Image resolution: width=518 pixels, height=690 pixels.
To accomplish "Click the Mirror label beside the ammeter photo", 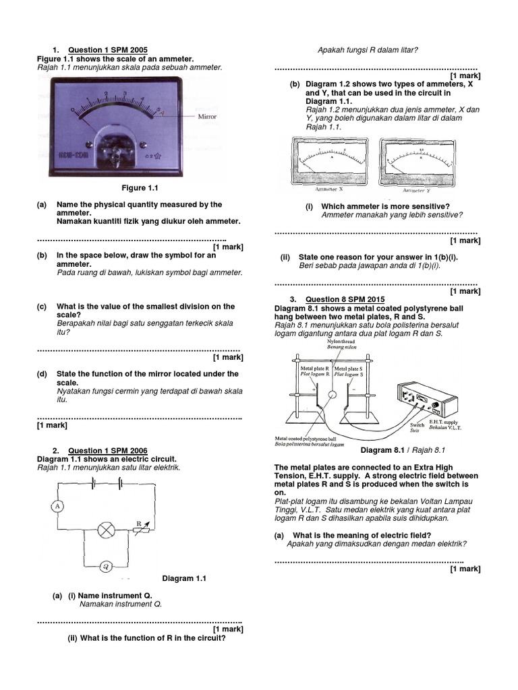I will tap(206, 115).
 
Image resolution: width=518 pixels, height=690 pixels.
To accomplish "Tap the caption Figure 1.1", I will tap(140, 188).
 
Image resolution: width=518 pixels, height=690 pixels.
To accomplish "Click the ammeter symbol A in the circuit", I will tap(57, 505).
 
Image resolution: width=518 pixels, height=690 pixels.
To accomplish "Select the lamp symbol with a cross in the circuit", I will tap(106, 530).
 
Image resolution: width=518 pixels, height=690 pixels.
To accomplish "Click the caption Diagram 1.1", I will tap(184, 578).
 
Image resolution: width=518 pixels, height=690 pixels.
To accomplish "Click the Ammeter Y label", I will tap(413, 190).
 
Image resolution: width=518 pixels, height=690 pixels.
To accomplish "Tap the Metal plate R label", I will tap(314, 371).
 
